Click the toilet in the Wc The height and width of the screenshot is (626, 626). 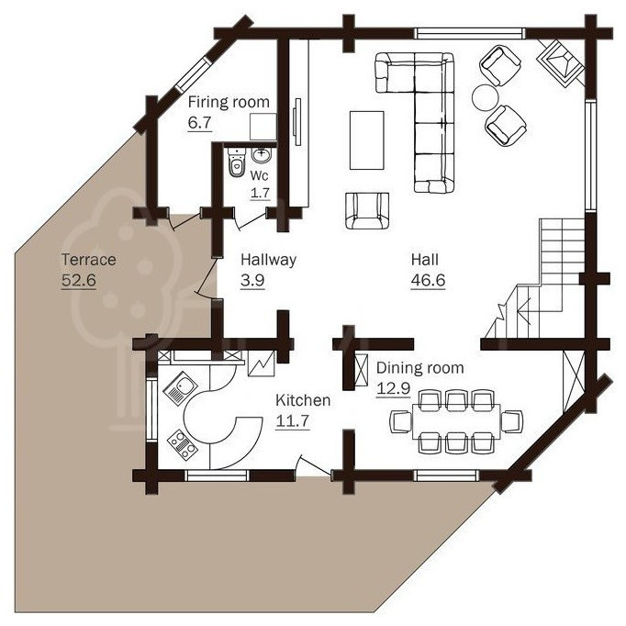point(236,162)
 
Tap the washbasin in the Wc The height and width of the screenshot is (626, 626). point(262,155)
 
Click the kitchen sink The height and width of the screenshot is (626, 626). point(180,388)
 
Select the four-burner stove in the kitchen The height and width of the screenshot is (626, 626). point(183,445)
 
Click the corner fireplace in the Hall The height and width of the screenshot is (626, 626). point(561,63)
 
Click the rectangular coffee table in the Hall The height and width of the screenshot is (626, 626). point(367,140)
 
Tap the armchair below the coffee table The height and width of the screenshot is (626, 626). point(367,211)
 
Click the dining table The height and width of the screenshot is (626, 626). point(456,422)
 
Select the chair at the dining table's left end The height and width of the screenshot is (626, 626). point(401,421)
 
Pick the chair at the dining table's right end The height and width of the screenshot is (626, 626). point(512,421)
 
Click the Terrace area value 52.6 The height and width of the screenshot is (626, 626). point(79,280)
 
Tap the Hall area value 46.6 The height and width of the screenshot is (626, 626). point(428,280)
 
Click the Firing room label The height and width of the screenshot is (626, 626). point(229,102)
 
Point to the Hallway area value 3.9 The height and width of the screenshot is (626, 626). point(252,280)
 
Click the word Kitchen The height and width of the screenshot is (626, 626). point(303,400)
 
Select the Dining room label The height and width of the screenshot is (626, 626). point(420,368)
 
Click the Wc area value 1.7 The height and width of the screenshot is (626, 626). point(261,194)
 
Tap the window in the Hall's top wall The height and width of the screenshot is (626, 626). point(470,33)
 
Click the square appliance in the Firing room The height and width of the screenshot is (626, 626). point(263,127)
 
